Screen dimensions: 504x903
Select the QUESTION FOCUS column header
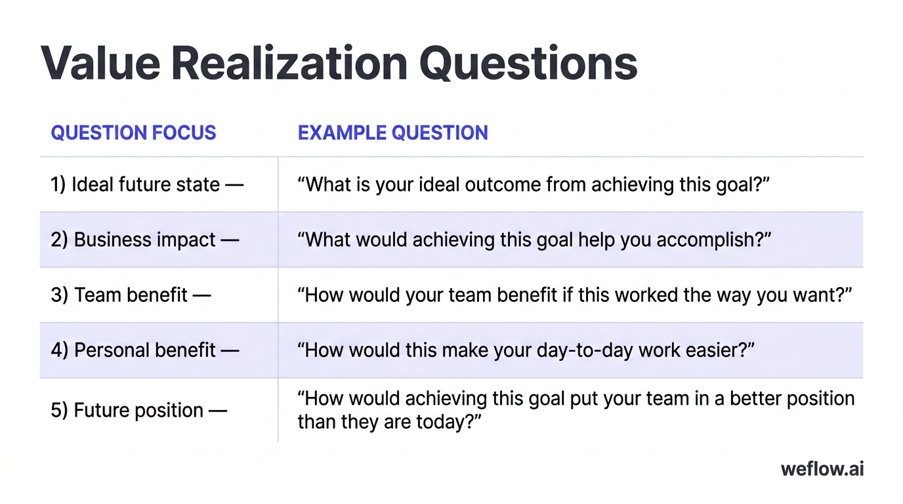pyautogui.click(x=133, y=133)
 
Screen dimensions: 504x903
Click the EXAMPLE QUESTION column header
pyautogui.click(x=392, y=133)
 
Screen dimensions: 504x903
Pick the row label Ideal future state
pyautogui.click(x=146, y=184)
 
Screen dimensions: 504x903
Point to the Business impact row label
pyautogui.click(x=144, y=240)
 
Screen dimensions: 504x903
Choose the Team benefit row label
pyautogui.click(x=131, y=295)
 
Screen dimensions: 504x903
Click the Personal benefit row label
pyautogui.click(x=144, y=350)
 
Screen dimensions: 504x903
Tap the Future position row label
pyautogui.click(x=138, y=411)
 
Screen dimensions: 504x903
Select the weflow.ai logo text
pyautogui.click(x=822, y=469)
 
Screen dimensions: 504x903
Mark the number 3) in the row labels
pyautogui.click(x=59, y=295)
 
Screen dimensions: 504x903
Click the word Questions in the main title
pyautogui.click(x=528, y=63)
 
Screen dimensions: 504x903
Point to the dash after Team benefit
pyautogui.click(x=201, y=295)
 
